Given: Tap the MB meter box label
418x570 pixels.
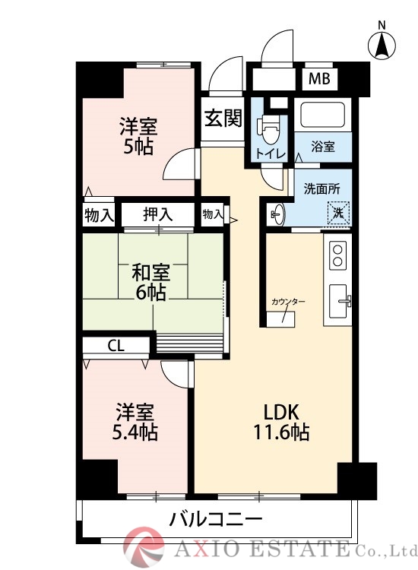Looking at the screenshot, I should (x=318, y=78).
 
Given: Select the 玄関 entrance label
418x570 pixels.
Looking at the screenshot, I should (x=223, y=119).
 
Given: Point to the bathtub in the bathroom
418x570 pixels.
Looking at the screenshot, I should (x=323, y=116).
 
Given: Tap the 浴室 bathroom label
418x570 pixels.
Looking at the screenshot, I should (x=324, y=147).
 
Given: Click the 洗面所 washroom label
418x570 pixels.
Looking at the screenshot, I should (x=321, y=188).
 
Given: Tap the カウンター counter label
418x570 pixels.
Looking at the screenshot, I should (x=288, y=302).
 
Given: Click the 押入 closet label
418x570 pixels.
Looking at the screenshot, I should (x=158, y=215).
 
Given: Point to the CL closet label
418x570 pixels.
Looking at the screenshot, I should (x=115, y=346).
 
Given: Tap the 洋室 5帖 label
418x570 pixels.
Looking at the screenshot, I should (x=138, y=135).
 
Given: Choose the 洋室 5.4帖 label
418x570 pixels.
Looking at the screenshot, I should (x=136, y=423).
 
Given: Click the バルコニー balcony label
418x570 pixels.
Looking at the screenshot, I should (x=215, y=521).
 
